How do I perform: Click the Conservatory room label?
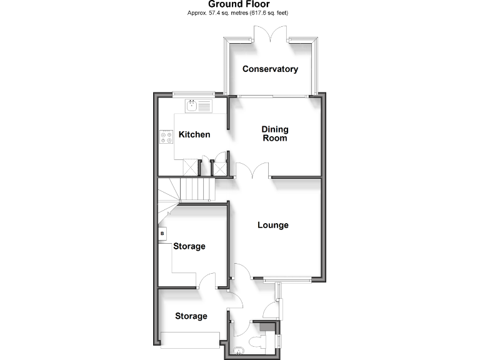pyautogui.click(x=270, y=69)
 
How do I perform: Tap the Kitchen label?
pyautogui.click(x=194, y=135)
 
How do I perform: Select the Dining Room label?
pyautogui.click(x=274, y=134)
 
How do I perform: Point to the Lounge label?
pyautogui.click(x=273, y=225)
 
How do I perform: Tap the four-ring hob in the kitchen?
pyautogui.click(x=167, y=136)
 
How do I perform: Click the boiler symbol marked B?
pyautogui.click(x=162, y=234)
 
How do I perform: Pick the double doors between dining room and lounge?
pyautogui.click(x=252, y=171)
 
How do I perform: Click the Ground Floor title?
pyautogui.click(x=239, y=4)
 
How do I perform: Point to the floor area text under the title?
pyautogui.click(x=239, y=13)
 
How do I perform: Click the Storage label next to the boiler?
pyautogui.click(x=189, y=247)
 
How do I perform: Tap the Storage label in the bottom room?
pyautogui.click(x=191, y=316)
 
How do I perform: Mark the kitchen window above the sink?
pyautogui.click(x=193, y=94)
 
